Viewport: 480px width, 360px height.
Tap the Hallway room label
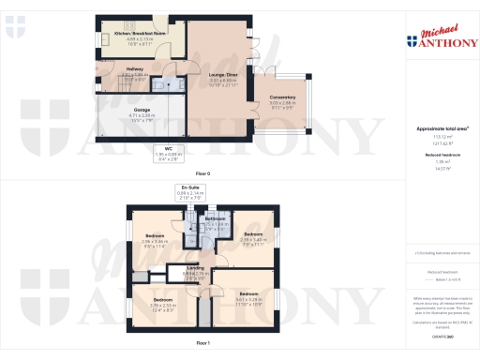click(x=108, y=71)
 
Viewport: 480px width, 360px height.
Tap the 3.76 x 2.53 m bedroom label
click(x=165, y=304)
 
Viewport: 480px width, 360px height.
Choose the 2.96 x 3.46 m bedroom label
click(x=155, y=240)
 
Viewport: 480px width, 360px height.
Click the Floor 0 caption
click(x=202, y=174)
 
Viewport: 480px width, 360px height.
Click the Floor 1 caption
click(x=202, y=344)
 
